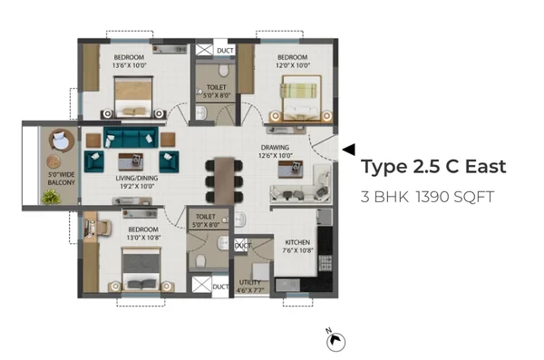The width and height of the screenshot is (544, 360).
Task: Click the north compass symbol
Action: [x=335, y=341]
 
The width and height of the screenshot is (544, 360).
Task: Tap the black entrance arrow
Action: [x=349, y=150]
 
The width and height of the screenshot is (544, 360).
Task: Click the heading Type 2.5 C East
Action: [x=433, y=167]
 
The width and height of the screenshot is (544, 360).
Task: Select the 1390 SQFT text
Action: [x=454, y=197]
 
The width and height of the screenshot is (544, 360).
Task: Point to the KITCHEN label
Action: [x=297, y=242]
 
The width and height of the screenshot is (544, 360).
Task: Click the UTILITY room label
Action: [x=250, y=282]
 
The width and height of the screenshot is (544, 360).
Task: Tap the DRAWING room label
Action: [x=275, y=147]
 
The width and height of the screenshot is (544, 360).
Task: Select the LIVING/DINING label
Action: [x=137, y=178]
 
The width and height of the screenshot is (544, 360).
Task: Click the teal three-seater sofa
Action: [x=131, y=138]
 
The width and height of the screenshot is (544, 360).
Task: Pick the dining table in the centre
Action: [x=224, y=180]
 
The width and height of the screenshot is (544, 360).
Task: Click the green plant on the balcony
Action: [x=52, y=197]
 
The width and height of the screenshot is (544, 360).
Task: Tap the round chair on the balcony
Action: [x=61, y=140]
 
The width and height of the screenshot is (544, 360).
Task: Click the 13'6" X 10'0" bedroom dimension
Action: [x=129, y=65]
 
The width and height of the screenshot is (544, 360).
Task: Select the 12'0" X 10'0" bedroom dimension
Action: [x=293, y=65]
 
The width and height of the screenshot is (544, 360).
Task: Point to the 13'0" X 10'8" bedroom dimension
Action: [x=143, y=238]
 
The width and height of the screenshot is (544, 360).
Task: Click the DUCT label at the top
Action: [x=225, y=51]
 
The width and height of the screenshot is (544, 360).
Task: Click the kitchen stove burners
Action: [x=325, y=263]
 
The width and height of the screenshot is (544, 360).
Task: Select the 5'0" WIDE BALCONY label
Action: [x=61, y=179]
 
